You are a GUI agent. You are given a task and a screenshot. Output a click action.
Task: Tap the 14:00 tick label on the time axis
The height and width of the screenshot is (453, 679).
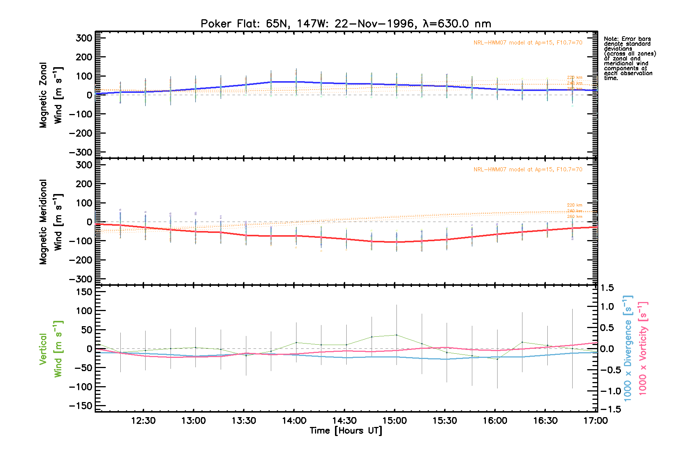click(x=294, y=421)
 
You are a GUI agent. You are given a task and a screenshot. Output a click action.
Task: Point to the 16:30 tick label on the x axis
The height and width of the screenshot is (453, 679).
click(x=545, y=421)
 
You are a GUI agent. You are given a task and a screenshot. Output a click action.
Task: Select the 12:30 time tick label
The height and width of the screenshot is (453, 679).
click(x=143, y=421)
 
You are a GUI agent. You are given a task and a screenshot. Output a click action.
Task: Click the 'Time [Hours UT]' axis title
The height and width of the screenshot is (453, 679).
click(x=346, y=431)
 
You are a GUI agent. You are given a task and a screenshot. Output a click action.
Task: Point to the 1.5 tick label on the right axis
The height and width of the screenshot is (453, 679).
click(x=607, y=288)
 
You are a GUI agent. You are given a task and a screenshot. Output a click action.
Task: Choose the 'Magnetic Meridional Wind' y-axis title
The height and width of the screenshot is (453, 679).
click(x=51, y=222)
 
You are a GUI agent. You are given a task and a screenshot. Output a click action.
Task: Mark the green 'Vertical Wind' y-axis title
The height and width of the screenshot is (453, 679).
click(x=51, y=349)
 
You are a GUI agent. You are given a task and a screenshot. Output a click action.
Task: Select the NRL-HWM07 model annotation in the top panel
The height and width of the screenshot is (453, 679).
click(x=528, y=43)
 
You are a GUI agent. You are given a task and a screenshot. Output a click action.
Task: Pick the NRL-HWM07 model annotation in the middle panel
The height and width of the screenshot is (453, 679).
click(x=528, y=169)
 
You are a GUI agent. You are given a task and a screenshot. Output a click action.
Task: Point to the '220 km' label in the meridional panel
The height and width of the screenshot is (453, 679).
click(x=575, y=205)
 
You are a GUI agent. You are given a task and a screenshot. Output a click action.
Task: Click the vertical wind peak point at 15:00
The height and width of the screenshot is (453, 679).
click(x=396, y=335)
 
